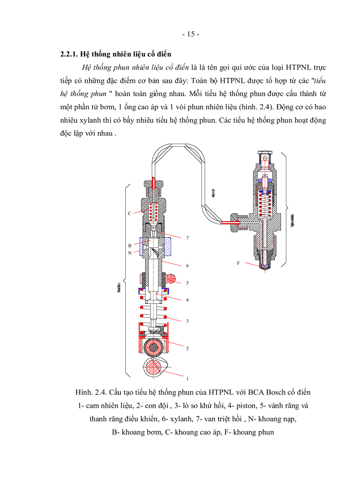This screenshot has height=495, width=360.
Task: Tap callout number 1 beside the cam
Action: (x=187, y=378)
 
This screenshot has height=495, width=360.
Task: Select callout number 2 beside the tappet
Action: (x=187, y=348)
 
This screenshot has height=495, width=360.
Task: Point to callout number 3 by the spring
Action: (x=187, y=321)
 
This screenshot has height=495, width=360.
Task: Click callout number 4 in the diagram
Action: (x=187, y=299)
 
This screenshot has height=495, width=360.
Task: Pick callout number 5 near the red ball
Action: (x=187, y=283)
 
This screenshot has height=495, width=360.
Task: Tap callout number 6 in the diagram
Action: (x=187, y=266)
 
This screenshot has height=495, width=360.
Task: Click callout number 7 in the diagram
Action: (x=187, y=238)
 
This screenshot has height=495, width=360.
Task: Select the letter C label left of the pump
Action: (x=130, y=213)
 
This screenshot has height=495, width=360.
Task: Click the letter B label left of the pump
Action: (x=130, y=245)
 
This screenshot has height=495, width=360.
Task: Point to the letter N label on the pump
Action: (x=130, y=253)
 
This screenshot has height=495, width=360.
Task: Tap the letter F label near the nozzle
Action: (x=238, y=263)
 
